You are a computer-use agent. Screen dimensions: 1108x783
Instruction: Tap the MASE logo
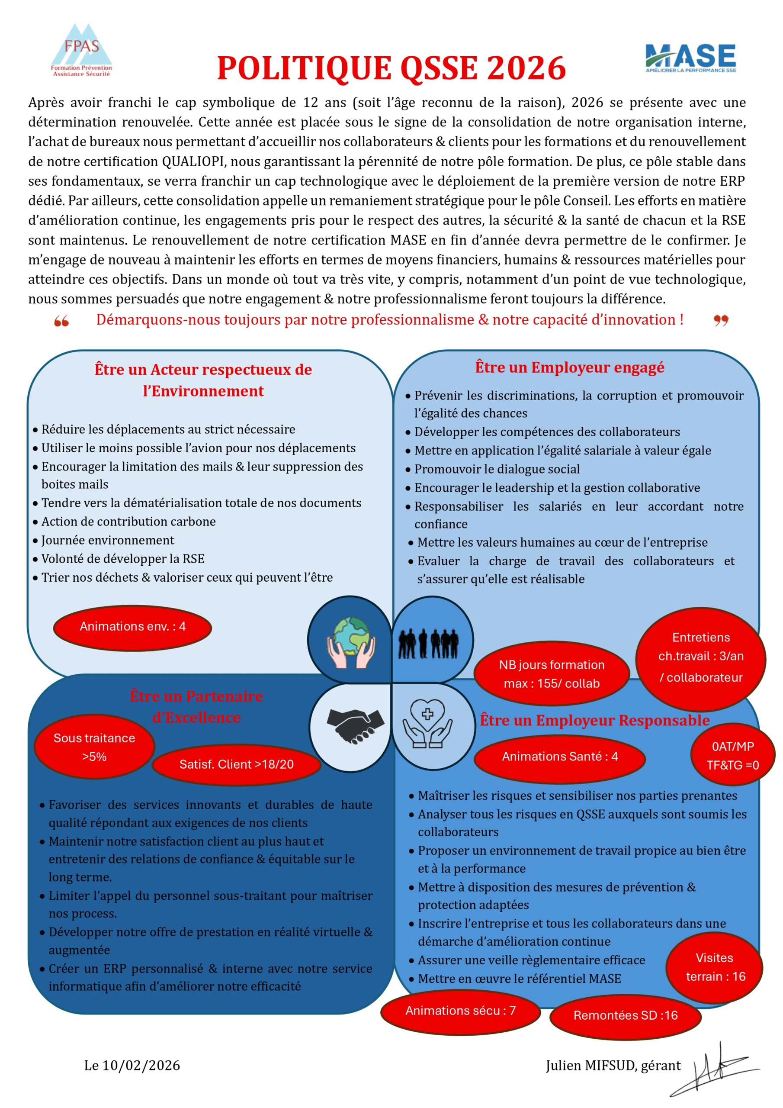coord(690,58)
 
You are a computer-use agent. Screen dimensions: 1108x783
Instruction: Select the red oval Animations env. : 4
coord(133,627)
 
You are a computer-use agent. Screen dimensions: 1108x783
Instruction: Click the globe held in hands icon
coord(351,642)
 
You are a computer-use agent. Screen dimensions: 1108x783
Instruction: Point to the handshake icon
coord(355,725)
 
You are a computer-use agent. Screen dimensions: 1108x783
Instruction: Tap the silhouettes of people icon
coord(428,644)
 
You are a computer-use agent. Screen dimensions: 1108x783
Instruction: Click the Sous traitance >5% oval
coord(95,747)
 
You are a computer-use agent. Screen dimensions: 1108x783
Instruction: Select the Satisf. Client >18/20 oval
coord(236,764)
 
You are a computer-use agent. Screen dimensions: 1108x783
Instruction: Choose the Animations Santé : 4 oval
coord(560,756)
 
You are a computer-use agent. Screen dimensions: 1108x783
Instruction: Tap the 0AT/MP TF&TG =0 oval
coord(732,755)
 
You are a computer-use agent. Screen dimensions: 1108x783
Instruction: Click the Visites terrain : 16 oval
coord(715,967)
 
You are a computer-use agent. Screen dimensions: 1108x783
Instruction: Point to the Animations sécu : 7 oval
coord(460,1010)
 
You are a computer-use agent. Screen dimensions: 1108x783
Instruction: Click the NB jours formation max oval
coord(552,674)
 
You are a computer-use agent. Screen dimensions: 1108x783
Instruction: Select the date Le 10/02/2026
coord(132,1066)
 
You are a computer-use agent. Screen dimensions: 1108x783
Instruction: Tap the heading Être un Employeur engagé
coord(569,367)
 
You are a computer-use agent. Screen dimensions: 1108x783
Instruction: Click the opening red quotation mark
coord(61,321)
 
